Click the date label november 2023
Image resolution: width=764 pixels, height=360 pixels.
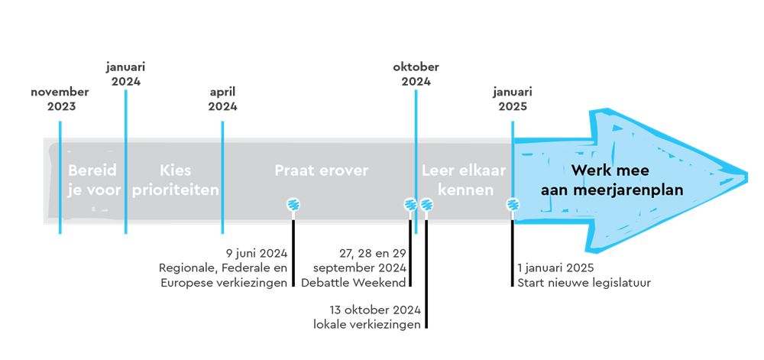(x=60, y=99)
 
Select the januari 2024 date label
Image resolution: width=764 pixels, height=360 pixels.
(x=126, y=74)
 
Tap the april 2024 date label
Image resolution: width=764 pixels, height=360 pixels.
(x=222, y=99)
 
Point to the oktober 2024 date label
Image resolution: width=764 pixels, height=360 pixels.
(x=416, y=74)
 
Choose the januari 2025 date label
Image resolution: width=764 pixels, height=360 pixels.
(x=513, y=99)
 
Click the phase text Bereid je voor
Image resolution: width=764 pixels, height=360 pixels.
(x=93, y=180)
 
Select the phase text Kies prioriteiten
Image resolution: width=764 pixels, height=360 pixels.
(x=176, y=180)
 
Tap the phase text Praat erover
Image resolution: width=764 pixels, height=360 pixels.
(x=321, y=170)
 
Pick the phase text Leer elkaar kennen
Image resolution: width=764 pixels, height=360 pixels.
(x=464, y=180)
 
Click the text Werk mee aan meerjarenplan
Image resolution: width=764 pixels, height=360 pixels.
(x=612, y=180)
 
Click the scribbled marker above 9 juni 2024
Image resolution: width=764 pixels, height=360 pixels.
(x=293, y=204)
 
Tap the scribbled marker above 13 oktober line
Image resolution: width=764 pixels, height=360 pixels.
(x=427, y=204)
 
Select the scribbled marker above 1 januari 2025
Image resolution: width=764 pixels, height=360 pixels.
(x=513, y=204)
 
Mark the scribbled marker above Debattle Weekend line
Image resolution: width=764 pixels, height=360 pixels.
(x=410, y=204)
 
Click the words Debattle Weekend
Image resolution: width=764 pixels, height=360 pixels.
(x=354, y=283)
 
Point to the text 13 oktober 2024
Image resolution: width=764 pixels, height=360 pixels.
(x=375, y=310)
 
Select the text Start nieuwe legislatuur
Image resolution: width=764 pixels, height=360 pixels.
(x=584, y=283)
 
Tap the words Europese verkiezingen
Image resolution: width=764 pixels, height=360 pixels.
(x=224, y=283)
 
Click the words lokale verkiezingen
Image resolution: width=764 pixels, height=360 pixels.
(x=367, y=325)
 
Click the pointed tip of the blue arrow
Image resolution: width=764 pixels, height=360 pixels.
(x=747, y=174)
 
